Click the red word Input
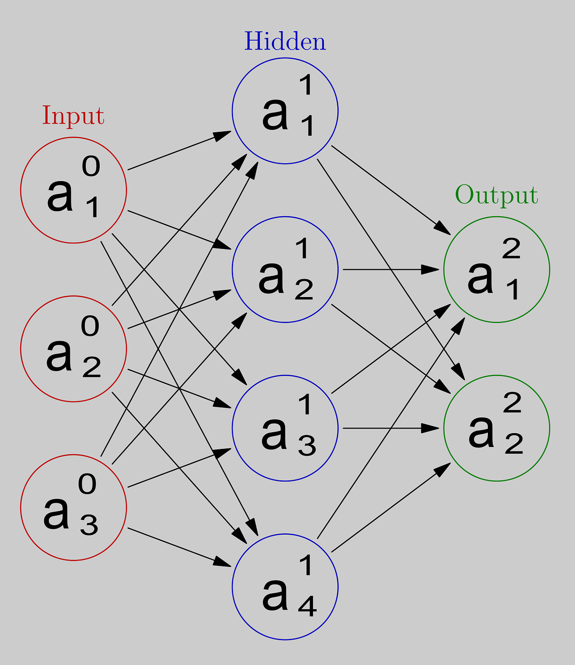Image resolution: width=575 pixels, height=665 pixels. coord(73,116)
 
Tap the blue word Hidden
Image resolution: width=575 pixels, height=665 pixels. coord(285,42)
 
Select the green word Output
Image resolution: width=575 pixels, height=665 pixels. coord(496,195)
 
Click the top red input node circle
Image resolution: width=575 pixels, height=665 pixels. coord(73,190)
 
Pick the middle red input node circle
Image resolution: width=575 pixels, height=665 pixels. coord(73,349)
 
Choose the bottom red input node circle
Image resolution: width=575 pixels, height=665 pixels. coord(73,507)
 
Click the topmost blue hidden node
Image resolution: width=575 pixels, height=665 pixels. coord(285,111)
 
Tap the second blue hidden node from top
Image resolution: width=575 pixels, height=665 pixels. coord(285,270)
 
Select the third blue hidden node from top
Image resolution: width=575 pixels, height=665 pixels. coord(285,428)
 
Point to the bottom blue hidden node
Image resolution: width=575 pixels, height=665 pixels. coord(285,586)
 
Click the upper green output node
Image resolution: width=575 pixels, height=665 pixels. coord(496,270)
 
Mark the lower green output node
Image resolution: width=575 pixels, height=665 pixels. coord(496,428)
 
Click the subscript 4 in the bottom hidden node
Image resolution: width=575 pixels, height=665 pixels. coord(307,607)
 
